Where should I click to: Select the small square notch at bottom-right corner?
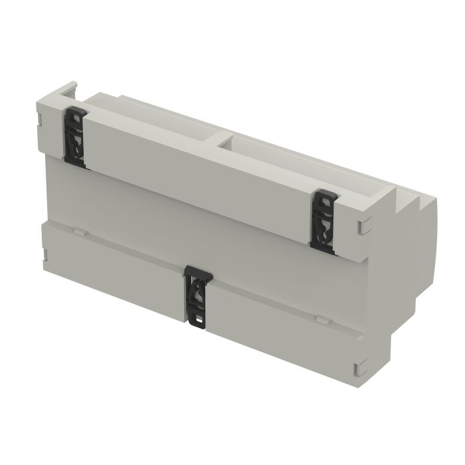click(x=360, y=367)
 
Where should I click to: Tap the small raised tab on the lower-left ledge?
click(x=78, y=232)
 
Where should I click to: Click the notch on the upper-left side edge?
click(x=39, y=120)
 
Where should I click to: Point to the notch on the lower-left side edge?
click(x=44, y=253)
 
